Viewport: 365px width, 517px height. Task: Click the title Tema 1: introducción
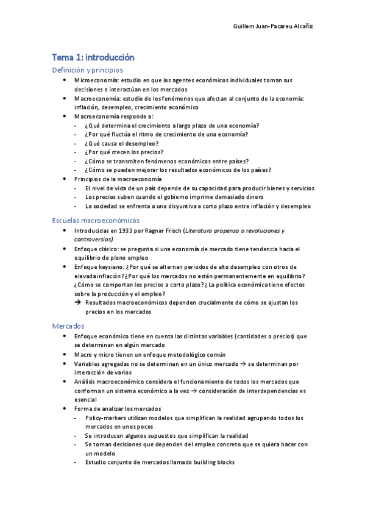[x=93, y=57]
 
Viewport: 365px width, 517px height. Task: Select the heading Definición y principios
[x=87, y=70]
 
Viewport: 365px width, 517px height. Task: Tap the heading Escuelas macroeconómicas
[x=96, y=219]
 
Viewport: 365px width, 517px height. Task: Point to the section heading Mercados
[x=68, y=326]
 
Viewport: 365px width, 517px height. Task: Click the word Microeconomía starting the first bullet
[x=96, y=80]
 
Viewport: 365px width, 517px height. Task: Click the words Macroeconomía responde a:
[x=114, y=116]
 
